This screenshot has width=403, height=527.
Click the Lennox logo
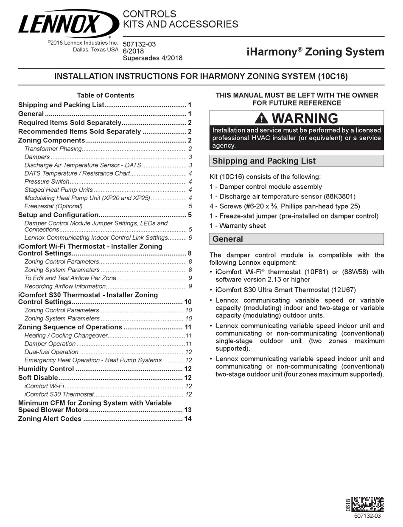68,24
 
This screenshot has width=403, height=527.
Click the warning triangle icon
261,118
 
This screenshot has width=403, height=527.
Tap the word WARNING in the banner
305,118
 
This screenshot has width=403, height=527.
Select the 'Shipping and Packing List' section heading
264,161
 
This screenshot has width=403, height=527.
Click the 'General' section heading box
297,239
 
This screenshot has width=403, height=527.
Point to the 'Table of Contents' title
105,95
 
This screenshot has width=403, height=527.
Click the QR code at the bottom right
367,504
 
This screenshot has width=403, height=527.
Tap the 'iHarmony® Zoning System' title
316,52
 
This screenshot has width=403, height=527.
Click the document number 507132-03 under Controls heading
140,44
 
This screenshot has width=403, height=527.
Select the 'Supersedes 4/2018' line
152,58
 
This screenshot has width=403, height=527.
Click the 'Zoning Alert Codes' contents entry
50,419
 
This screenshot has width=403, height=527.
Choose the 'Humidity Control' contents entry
46,369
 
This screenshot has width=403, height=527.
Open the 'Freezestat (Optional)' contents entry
53,206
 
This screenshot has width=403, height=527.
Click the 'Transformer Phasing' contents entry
53,149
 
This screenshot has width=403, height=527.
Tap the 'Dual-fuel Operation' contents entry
51,352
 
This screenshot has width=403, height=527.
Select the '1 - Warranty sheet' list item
238,226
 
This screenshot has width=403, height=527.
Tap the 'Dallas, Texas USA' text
95,49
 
